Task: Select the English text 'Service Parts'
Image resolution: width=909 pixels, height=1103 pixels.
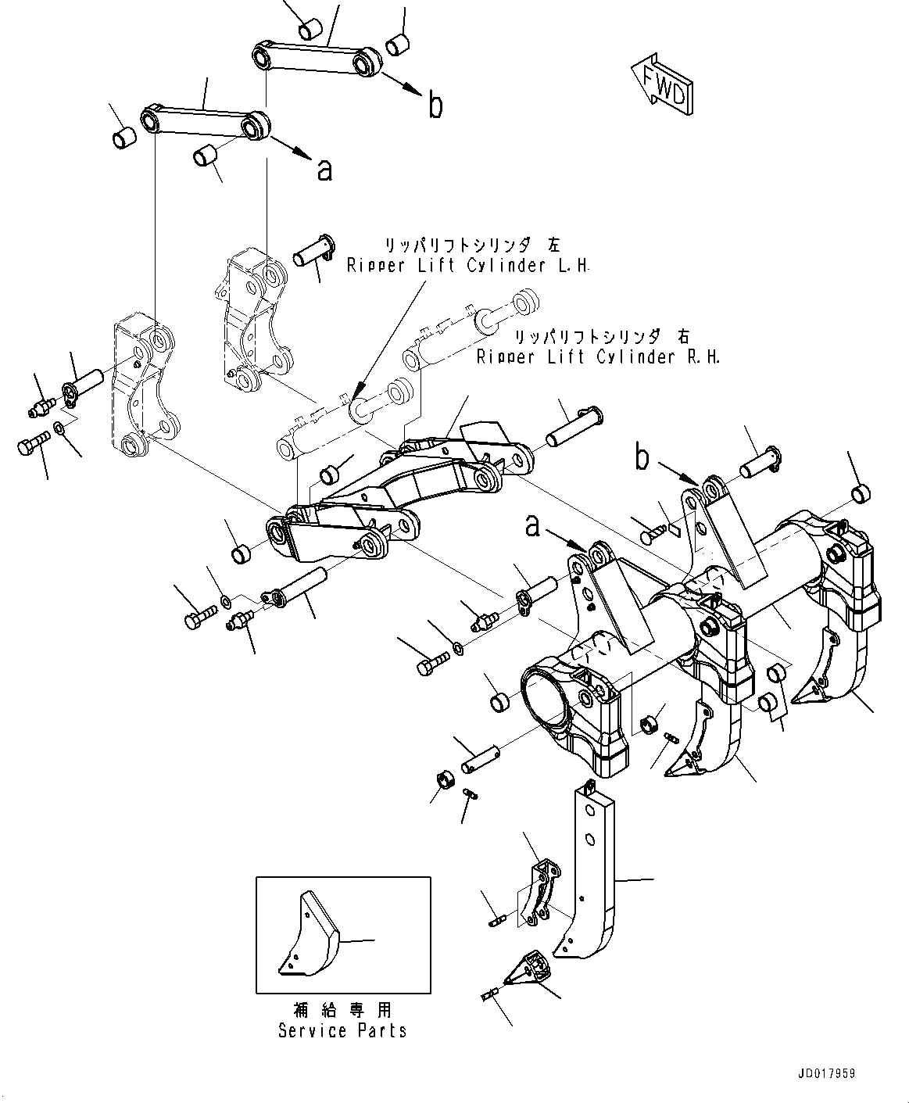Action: coord(342,1031)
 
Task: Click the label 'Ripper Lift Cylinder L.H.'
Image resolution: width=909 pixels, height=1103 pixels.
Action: coord(468,266)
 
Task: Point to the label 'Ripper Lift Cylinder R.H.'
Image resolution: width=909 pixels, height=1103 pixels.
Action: coord(598,357)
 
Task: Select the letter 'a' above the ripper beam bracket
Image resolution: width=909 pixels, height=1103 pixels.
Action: coord(532,527)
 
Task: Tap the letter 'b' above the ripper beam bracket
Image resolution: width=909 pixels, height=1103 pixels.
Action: coord(642,459)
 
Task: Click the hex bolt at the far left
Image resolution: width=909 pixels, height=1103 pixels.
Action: coord(27,446)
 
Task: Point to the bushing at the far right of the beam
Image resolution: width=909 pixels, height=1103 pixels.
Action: coord(860,493)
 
